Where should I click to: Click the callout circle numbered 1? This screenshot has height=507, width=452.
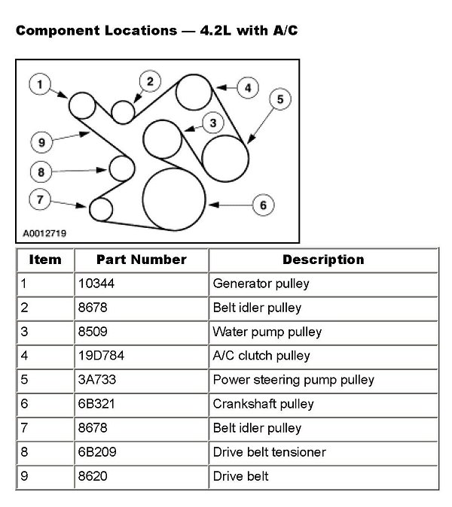(39, 83)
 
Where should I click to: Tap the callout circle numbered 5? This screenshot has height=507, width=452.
(279, 99)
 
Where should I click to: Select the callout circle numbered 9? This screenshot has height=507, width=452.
(41, 141)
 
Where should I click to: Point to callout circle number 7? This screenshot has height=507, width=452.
(40, 199)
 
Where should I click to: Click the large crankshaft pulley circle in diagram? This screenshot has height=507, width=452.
(174, 199)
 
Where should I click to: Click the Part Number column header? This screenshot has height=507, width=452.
(141, 260)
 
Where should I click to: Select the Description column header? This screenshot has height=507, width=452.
(323, 260)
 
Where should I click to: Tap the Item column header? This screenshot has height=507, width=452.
(44, 260)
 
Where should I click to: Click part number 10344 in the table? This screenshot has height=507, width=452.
(94, 284)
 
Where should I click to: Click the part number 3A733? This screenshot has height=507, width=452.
(95, 380)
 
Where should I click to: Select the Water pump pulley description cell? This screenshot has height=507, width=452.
(267, 332)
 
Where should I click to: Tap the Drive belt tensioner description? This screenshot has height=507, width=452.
(268, 452)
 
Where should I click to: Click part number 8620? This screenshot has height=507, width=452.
(91, 476)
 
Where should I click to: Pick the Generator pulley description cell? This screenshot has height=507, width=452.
(261, 284)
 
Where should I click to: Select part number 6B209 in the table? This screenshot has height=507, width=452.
(95, 452)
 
